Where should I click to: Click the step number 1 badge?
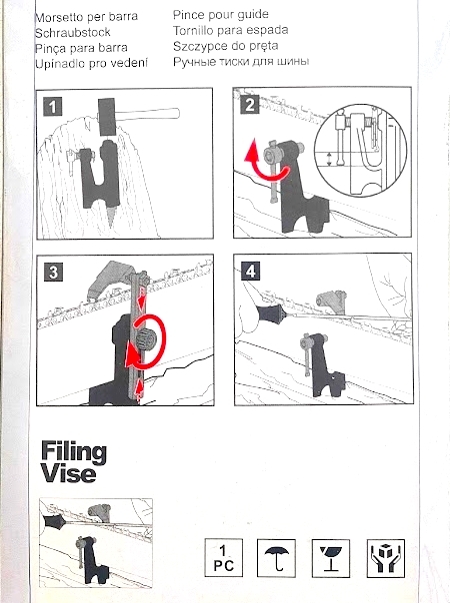(x=53, y=107)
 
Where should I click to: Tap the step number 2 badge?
(x=249, y=104)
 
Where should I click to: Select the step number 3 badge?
(x=53, y=273)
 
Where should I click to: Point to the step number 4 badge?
(x=250, y=271)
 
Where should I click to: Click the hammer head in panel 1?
(x=107, y=117)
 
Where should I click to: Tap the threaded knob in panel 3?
(x=143, y=338)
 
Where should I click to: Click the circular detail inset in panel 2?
(x=361, y=151)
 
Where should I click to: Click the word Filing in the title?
(x=74, y=452)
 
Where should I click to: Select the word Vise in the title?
(x=68, y=473)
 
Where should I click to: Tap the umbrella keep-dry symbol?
(x=276, y=558)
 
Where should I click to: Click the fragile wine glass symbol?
(x=331, y=558)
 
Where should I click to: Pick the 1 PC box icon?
(x=223, y=558)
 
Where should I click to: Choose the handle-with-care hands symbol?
(x=386, y=558)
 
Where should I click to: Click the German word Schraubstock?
(x=73, y=33)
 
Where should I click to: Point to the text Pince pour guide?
(x=221, y=15)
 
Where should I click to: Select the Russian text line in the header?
(x=241, y=62)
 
